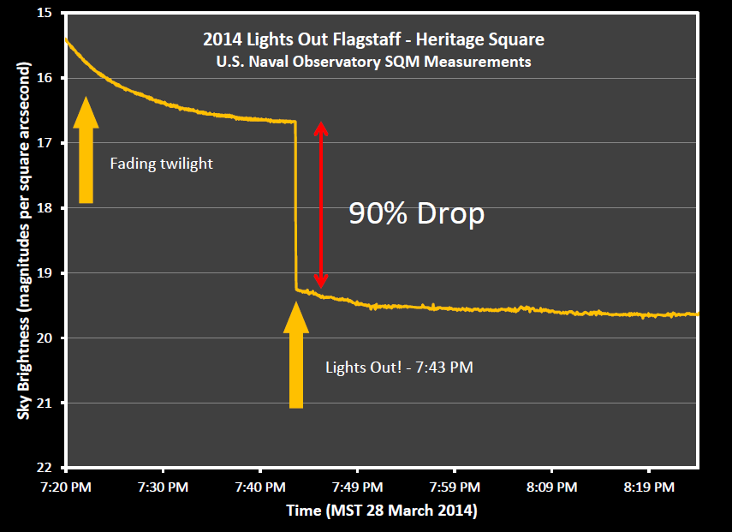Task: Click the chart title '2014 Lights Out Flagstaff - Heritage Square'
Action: [x=373, y=39]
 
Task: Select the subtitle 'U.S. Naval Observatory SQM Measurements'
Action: [x=373, y=62]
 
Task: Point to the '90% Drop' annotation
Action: [x=416, y=214]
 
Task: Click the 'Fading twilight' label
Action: [x=161, y=164]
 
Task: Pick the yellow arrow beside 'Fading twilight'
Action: [x=86, y=151]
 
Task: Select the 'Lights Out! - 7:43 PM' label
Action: [x=399, y=368]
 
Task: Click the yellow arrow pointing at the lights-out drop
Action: [x=296, y=355]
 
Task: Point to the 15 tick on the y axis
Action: [x=45, y=13]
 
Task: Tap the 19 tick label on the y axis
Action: [x=45, y=273]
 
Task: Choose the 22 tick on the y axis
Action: [x=45, y=468]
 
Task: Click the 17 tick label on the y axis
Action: [x=45, y=143]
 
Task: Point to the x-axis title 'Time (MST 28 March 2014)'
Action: [x=382, y=511]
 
